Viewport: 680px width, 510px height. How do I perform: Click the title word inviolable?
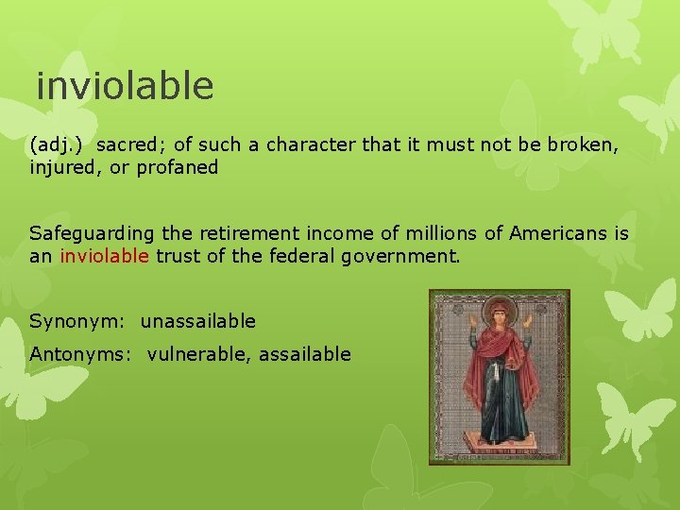[125, 86]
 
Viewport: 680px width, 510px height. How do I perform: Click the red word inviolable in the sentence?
[104, 255]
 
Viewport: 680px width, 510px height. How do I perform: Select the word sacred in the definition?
[130, 145]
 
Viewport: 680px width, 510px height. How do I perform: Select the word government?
[405, 255]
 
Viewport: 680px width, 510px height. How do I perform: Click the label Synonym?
[79, 321]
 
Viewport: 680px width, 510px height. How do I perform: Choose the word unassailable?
[198, 321]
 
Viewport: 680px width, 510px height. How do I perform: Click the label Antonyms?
[83, 354]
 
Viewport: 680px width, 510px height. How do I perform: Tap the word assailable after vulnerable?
[305, 354]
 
